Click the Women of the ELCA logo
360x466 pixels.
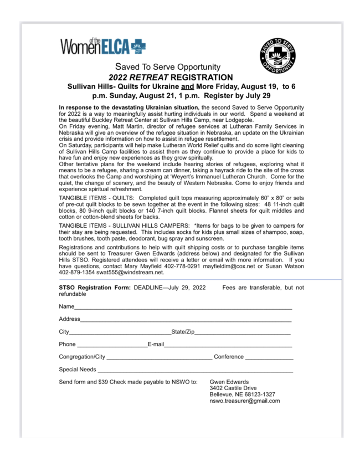(103, 45)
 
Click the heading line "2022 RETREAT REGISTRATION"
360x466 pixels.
(171, 77)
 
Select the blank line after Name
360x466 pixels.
(183, 308)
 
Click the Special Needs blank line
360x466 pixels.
(195, 370)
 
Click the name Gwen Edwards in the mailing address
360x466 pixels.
(229, 382)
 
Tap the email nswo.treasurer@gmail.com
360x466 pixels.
(244, 401)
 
